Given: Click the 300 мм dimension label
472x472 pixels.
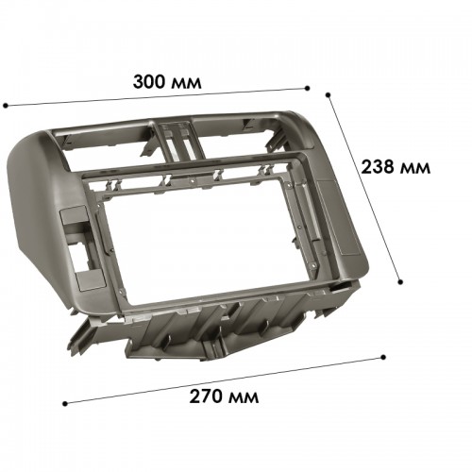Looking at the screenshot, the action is (x=167, y=81).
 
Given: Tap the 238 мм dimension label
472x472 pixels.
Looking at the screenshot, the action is (x=396, y=167).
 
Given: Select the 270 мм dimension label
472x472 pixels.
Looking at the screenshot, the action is (x=224, y=396).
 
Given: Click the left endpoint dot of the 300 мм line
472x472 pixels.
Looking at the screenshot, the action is (x=6, y=106).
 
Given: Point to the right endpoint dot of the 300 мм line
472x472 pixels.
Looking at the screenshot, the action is (x=308, y=88).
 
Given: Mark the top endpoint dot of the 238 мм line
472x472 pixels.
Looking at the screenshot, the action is (x=329, y=94).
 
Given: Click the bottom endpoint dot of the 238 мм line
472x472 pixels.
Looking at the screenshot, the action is (x=400, y=282).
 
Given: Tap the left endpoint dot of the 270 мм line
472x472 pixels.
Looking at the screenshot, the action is (x=65, y=403).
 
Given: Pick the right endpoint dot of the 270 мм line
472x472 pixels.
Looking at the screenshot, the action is (x=383, y=357).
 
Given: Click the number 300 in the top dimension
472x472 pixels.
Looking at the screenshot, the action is (x=149, y=81).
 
